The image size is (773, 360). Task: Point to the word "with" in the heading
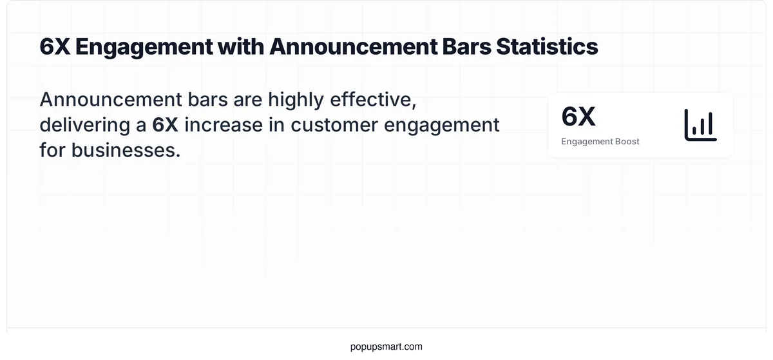238,47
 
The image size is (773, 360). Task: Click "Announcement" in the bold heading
341,47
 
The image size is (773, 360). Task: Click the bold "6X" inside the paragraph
165,125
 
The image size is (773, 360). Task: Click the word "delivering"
86,125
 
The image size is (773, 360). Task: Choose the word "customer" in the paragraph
334,125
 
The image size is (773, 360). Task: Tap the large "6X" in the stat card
578,117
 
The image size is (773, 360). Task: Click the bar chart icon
700,125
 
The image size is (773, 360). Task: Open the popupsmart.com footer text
386,346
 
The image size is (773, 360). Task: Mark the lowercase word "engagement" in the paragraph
442,125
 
